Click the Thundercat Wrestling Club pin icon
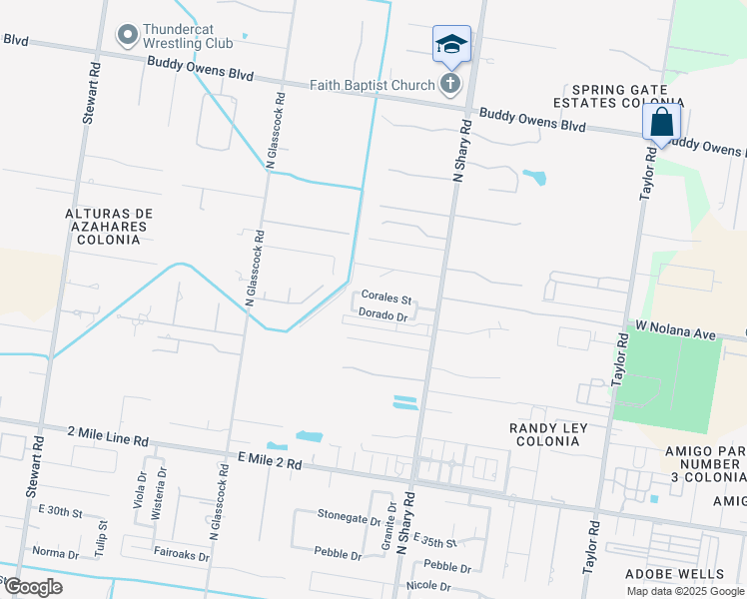click(127, 36)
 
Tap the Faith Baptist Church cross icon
click(450, 83)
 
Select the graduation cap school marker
click(451, 45)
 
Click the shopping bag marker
click(661, 124)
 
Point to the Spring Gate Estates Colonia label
click(627, 96)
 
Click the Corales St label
click(386, 298)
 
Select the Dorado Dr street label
click(383, 316)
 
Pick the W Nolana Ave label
click(677, 328)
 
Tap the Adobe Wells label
click(674, 574)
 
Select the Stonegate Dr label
click(350, 517)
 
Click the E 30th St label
click(60, 510)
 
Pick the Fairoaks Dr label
click(181, 556)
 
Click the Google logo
click(33, 587)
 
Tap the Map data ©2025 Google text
click(684, 591)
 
